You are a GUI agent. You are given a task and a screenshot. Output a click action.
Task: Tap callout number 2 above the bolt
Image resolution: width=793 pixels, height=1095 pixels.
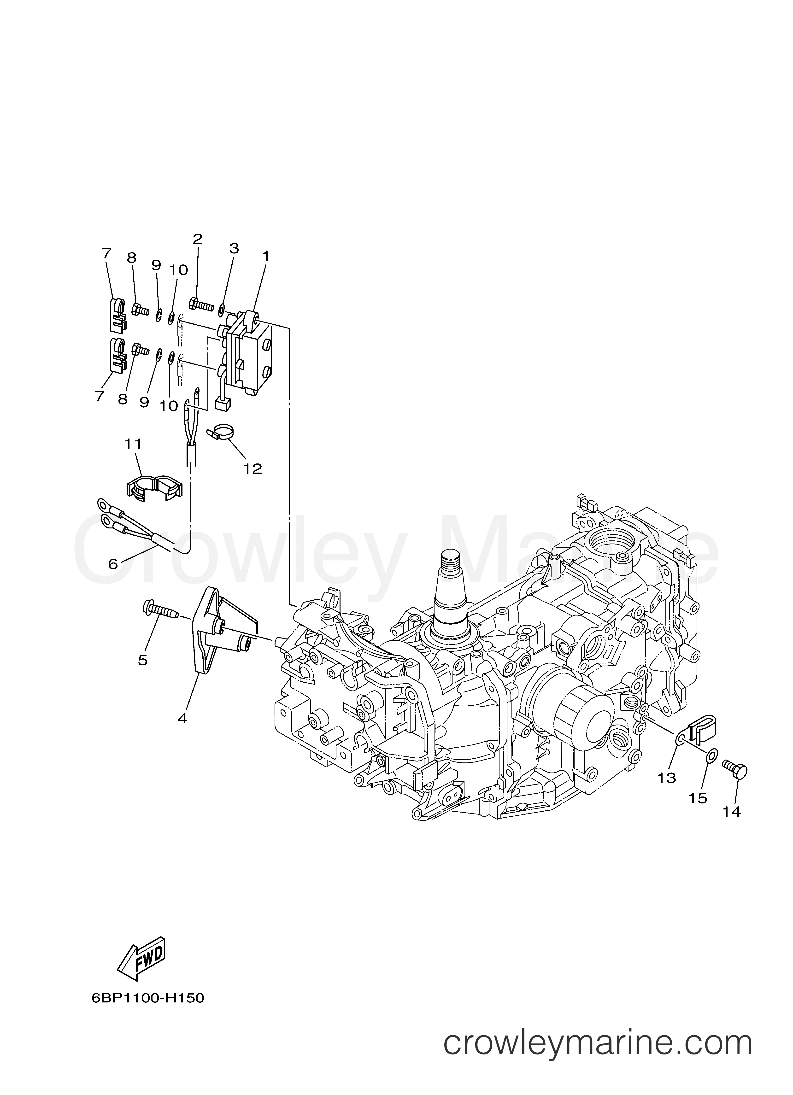click(198, 239)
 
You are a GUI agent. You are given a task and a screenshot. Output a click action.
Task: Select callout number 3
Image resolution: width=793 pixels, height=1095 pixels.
click(234, 249)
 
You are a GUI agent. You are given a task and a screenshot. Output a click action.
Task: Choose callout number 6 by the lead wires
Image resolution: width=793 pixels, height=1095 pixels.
click(113, 564)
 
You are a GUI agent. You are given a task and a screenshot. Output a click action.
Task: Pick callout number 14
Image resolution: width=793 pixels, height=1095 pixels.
click(732, 812)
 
